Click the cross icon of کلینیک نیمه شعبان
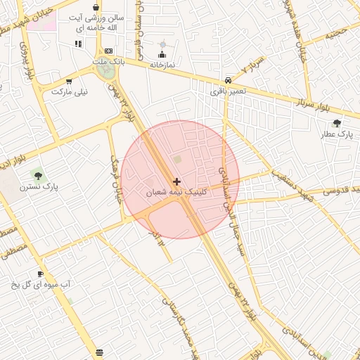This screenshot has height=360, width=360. click(176, 181)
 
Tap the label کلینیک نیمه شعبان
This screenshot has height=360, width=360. click(176, 192)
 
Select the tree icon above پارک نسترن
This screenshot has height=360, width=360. click(37, 176)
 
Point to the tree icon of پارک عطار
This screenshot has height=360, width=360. click(337, 123)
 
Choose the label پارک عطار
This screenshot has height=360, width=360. click(336, 134)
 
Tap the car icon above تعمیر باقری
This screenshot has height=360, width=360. click(228, 80)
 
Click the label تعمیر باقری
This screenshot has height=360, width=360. click(229, 91)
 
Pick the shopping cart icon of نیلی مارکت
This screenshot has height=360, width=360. click(68, 81)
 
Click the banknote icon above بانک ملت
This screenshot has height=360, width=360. click(108, 51)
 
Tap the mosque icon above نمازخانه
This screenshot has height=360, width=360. click(162, 54)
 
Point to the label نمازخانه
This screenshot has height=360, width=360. click(162, 65)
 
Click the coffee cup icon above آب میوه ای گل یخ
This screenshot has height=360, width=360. click(40, 274)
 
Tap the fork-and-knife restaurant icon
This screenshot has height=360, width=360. click(77, 44)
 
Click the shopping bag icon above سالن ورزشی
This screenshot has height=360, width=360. click(96, 7)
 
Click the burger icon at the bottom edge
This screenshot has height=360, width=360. click(99, 352)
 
